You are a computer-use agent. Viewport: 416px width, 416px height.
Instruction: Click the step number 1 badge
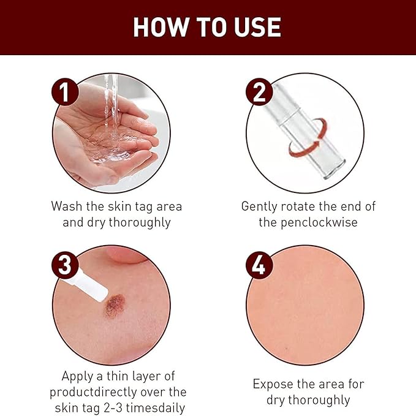(65, 92)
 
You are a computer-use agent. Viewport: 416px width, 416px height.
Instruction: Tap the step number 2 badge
(259, 92)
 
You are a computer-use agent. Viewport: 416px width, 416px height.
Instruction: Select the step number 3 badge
(65, 265)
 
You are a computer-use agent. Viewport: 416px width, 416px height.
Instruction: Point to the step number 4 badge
(259, 265)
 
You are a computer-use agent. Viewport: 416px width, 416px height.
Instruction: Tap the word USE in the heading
(257, 27)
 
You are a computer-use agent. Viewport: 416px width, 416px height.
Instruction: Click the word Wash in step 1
(67, 206)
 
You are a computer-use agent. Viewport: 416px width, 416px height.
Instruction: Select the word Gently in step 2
(259, 207)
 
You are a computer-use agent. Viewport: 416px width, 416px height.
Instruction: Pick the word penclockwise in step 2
(319, 222)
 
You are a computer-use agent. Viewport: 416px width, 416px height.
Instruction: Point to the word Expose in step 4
(273, 385)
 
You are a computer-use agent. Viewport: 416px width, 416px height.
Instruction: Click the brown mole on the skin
(115, 306)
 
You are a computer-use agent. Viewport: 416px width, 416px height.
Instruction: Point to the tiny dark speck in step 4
(287, 348)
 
